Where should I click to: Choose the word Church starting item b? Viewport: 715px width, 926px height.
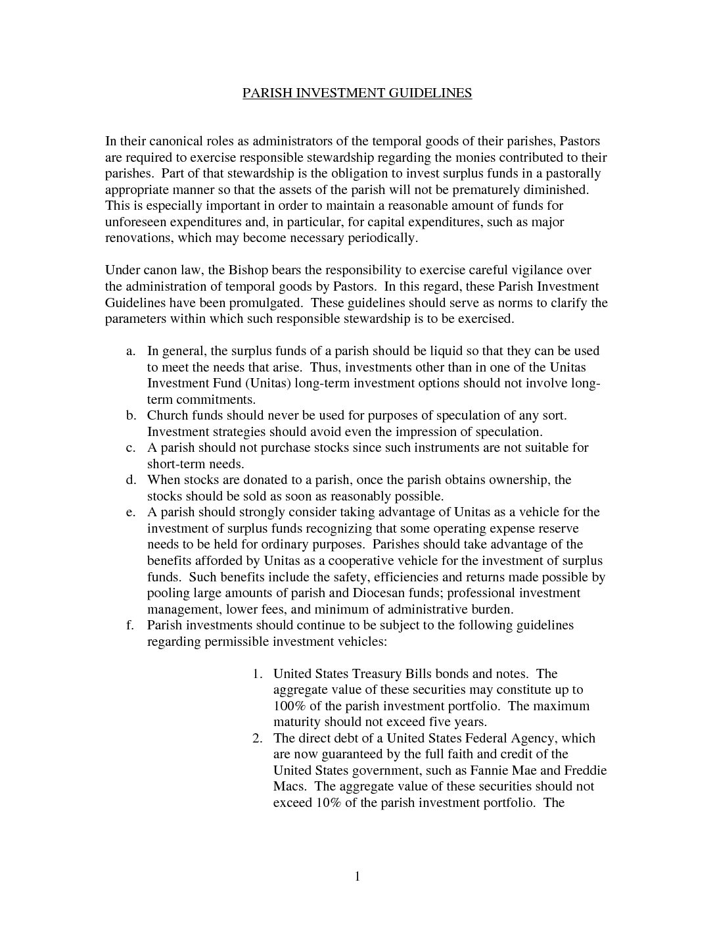pyautogui.click(x=168, y=416)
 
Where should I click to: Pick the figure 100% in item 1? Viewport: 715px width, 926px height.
pyautogui.click(x=290, y=706)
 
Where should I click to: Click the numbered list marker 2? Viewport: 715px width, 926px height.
pyautogui.click(x=258, y=739)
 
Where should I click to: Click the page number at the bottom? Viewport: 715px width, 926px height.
pyautogui.click(x=357, y=877)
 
